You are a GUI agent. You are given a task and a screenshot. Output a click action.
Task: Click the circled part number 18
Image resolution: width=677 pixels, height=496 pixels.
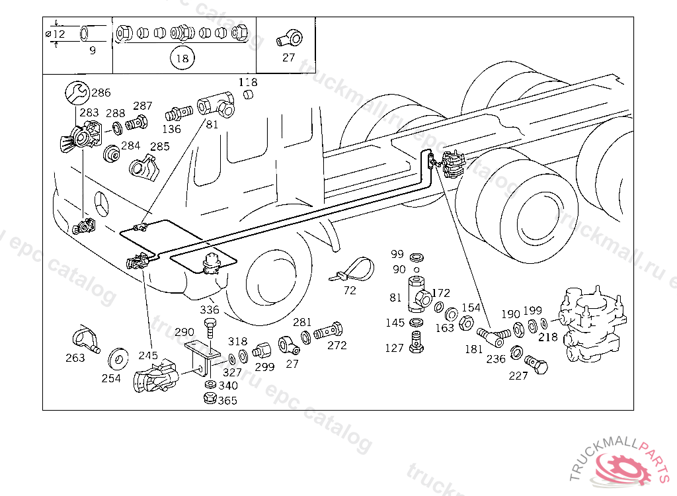[182, 58]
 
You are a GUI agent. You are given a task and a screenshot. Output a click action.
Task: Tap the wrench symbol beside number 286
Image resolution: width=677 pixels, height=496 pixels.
[77, 93]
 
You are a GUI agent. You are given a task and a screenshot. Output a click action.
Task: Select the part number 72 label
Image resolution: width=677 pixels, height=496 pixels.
[350, 291]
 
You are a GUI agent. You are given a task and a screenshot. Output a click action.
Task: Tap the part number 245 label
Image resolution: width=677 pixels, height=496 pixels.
[148, 355]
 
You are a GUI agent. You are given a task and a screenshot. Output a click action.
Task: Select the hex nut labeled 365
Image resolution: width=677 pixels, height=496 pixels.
[210, 398]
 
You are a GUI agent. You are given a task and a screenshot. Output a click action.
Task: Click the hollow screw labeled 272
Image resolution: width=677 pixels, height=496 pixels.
[328, 332]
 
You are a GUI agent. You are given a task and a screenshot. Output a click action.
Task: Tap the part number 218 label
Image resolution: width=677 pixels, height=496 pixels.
[548, 337]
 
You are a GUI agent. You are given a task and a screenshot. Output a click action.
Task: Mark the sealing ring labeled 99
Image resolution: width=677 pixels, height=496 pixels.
[417, 258]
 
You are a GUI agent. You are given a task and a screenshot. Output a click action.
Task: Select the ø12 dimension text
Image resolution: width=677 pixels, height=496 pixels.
[56, 34]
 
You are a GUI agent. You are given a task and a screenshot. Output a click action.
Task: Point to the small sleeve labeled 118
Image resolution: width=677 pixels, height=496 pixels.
[248, 94]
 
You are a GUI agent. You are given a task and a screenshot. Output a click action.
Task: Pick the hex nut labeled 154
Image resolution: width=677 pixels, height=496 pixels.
[466, 323]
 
